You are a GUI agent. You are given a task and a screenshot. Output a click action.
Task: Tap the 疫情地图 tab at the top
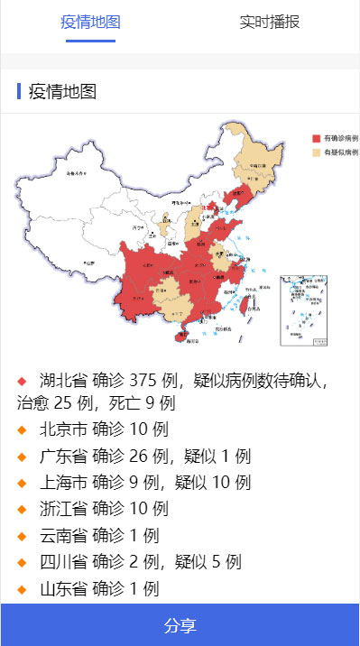90,23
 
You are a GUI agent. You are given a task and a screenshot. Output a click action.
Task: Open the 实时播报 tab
270,23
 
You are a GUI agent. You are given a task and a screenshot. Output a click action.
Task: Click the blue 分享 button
180,625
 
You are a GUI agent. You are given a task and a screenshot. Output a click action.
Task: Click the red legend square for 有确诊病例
317,139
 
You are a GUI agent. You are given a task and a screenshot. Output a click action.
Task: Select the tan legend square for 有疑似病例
317,152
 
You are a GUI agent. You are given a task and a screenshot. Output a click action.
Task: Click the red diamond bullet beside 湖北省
23,380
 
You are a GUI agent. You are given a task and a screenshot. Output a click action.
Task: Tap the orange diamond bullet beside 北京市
23,429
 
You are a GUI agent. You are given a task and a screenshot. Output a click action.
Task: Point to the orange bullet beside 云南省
23,536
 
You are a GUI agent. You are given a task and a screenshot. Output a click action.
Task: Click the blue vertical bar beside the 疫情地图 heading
19,91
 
